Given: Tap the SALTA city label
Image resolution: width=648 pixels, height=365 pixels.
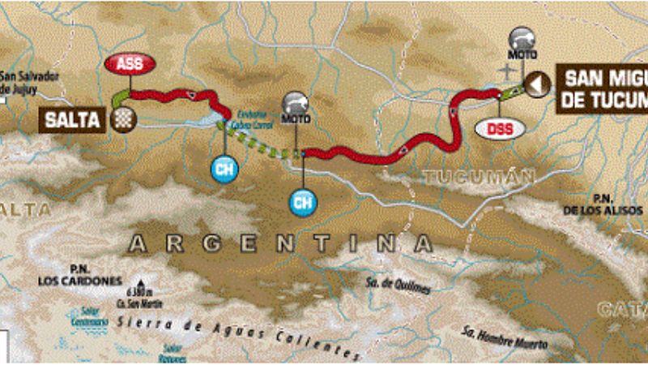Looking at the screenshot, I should tap(73, 120).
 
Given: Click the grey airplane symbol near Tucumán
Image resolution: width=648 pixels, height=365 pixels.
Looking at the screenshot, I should tap(508, 73).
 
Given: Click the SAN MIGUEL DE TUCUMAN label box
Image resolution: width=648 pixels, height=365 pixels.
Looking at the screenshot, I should tap(603, 88).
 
